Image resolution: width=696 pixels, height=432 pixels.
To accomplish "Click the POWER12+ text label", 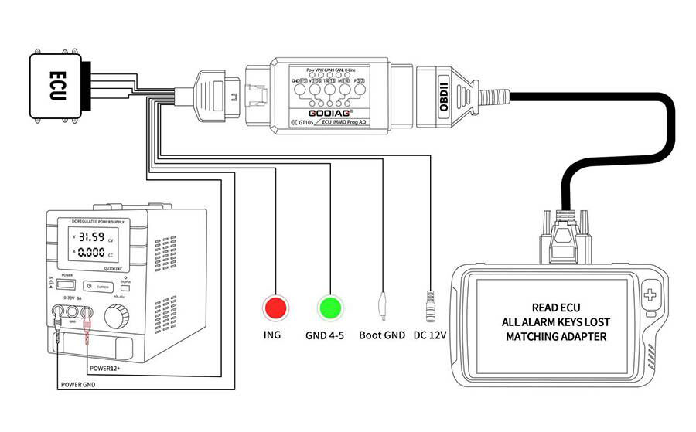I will click(111, 367).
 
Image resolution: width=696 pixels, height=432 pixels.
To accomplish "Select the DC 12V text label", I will click(431, 336).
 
